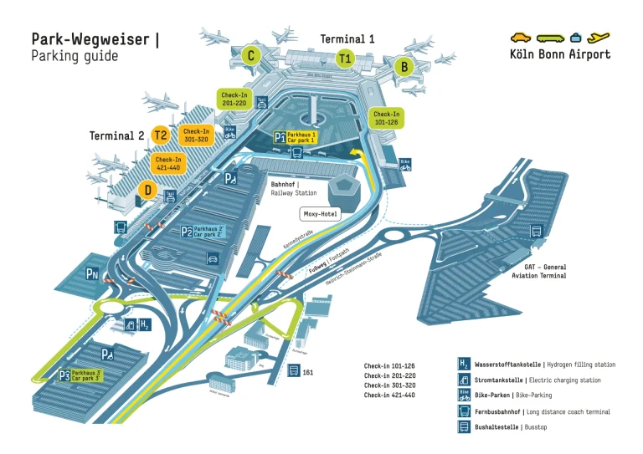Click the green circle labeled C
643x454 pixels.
click(249, 56)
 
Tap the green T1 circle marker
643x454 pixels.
click(345, 59)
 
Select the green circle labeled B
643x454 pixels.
click(404, 66)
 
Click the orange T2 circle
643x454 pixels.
click(161, 135)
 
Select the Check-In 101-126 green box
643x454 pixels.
click(387, 118)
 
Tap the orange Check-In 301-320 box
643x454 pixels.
click(196, 135)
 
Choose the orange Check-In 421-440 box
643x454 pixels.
click(168, 163)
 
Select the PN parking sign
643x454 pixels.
click(93, 273)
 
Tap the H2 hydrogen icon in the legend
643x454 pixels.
click(464, 364)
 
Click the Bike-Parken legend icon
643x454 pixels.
click(464, 395)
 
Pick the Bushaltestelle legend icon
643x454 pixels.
click(464, 426)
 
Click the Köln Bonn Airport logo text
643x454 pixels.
click(560, 54)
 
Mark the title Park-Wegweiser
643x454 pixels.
click(92, 39)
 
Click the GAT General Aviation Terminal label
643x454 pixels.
click(539, 271)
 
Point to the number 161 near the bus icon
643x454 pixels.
click(308, 372)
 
